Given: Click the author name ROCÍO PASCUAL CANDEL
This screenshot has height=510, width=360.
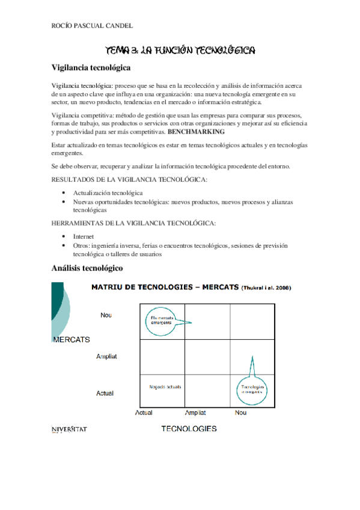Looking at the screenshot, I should click(x=93, y=26).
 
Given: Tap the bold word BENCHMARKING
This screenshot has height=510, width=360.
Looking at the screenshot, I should click(x=197, y=131).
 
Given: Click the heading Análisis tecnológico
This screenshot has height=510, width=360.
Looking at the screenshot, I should click(x=87, y=267).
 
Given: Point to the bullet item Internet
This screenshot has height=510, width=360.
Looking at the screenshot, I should click(x=84, y=237).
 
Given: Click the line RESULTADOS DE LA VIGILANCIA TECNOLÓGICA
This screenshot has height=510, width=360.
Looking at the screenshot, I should click(x=130, y=180).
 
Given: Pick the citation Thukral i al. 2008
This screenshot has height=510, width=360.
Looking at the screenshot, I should click(x=266, y=288).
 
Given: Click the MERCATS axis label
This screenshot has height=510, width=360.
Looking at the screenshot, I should click(x=72, y=339).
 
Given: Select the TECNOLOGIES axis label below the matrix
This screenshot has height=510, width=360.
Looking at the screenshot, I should click(x=189, y=429).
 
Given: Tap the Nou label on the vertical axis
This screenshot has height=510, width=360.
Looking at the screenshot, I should click(x=106, y=315).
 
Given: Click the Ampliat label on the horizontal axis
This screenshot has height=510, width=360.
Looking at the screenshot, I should click(x=196, y=413).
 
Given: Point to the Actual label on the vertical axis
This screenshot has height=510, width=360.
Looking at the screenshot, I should click(x=105, y=393).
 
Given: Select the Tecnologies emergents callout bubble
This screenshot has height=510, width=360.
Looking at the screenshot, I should click(x=252, y=389).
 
